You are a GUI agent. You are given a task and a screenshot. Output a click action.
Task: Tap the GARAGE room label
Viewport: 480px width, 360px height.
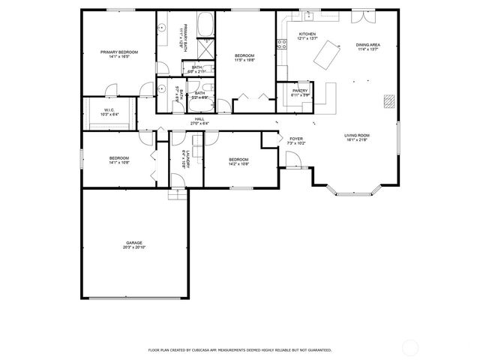tap(134, 243)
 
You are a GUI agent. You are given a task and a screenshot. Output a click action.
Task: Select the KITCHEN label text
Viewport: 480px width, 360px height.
tap(307, 34)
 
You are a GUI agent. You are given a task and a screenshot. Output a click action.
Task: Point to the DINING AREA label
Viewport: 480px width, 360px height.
tap(367, 45)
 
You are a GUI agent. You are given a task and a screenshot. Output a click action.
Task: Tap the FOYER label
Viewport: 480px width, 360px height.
tap(295, 138)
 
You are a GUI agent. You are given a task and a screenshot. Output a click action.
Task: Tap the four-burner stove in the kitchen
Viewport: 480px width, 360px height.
tap(282, 44)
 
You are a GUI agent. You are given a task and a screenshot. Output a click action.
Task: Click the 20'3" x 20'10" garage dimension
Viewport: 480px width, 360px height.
tap(134, 247)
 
